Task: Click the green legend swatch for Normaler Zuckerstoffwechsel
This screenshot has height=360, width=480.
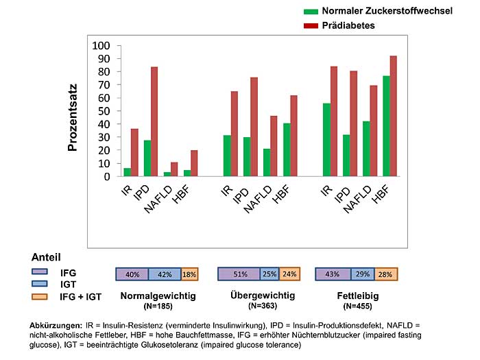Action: pyautogui.click(x=311, y=12)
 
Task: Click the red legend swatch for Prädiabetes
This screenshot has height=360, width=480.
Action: pyautogui.click(x=311, y=26)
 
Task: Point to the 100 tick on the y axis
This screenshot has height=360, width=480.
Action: pyautogui.click(x=101, y=46)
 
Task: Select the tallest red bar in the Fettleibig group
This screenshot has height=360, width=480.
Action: pyautogui.click(x=394, y=116)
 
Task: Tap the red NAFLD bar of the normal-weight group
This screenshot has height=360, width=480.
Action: pyautogui.click(x=174, y=169)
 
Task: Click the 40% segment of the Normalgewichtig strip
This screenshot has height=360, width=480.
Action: pyautogui.click(x=132, y=274)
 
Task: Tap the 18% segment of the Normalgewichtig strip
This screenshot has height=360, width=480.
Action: pyautogui.click(x=189, y=274)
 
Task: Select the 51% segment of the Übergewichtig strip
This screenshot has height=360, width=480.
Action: pyautogui.click(x=239, y=274)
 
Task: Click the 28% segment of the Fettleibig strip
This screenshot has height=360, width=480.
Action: pyautogui.click(x=385, y=274)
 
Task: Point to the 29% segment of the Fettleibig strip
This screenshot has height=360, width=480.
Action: pyautogui.click(x=362, y=274)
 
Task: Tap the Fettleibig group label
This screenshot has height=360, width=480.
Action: pyautogui.click(x=355, y=296)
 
